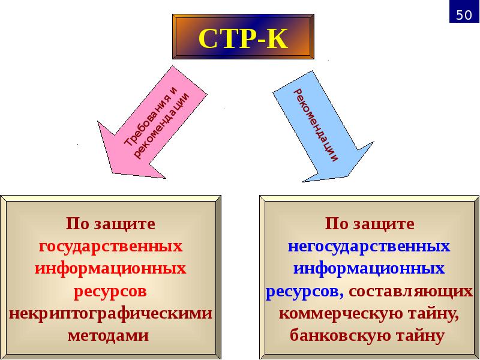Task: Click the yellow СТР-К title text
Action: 243,38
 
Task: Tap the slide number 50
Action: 464,14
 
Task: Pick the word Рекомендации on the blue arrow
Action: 316,125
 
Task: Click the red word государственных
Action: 110,246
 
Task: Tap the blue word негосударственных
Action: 369,246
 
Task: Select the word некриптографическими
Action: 110,314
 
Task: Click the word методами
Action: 108,335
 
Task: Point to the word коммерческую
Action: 332,314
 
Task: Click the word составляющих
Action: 410,292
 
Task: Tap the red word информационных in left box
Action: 110,269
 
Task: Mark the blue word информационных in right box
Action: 369,269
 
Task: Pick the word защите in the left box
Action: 124,224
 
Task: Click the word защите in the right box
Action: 383,224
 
